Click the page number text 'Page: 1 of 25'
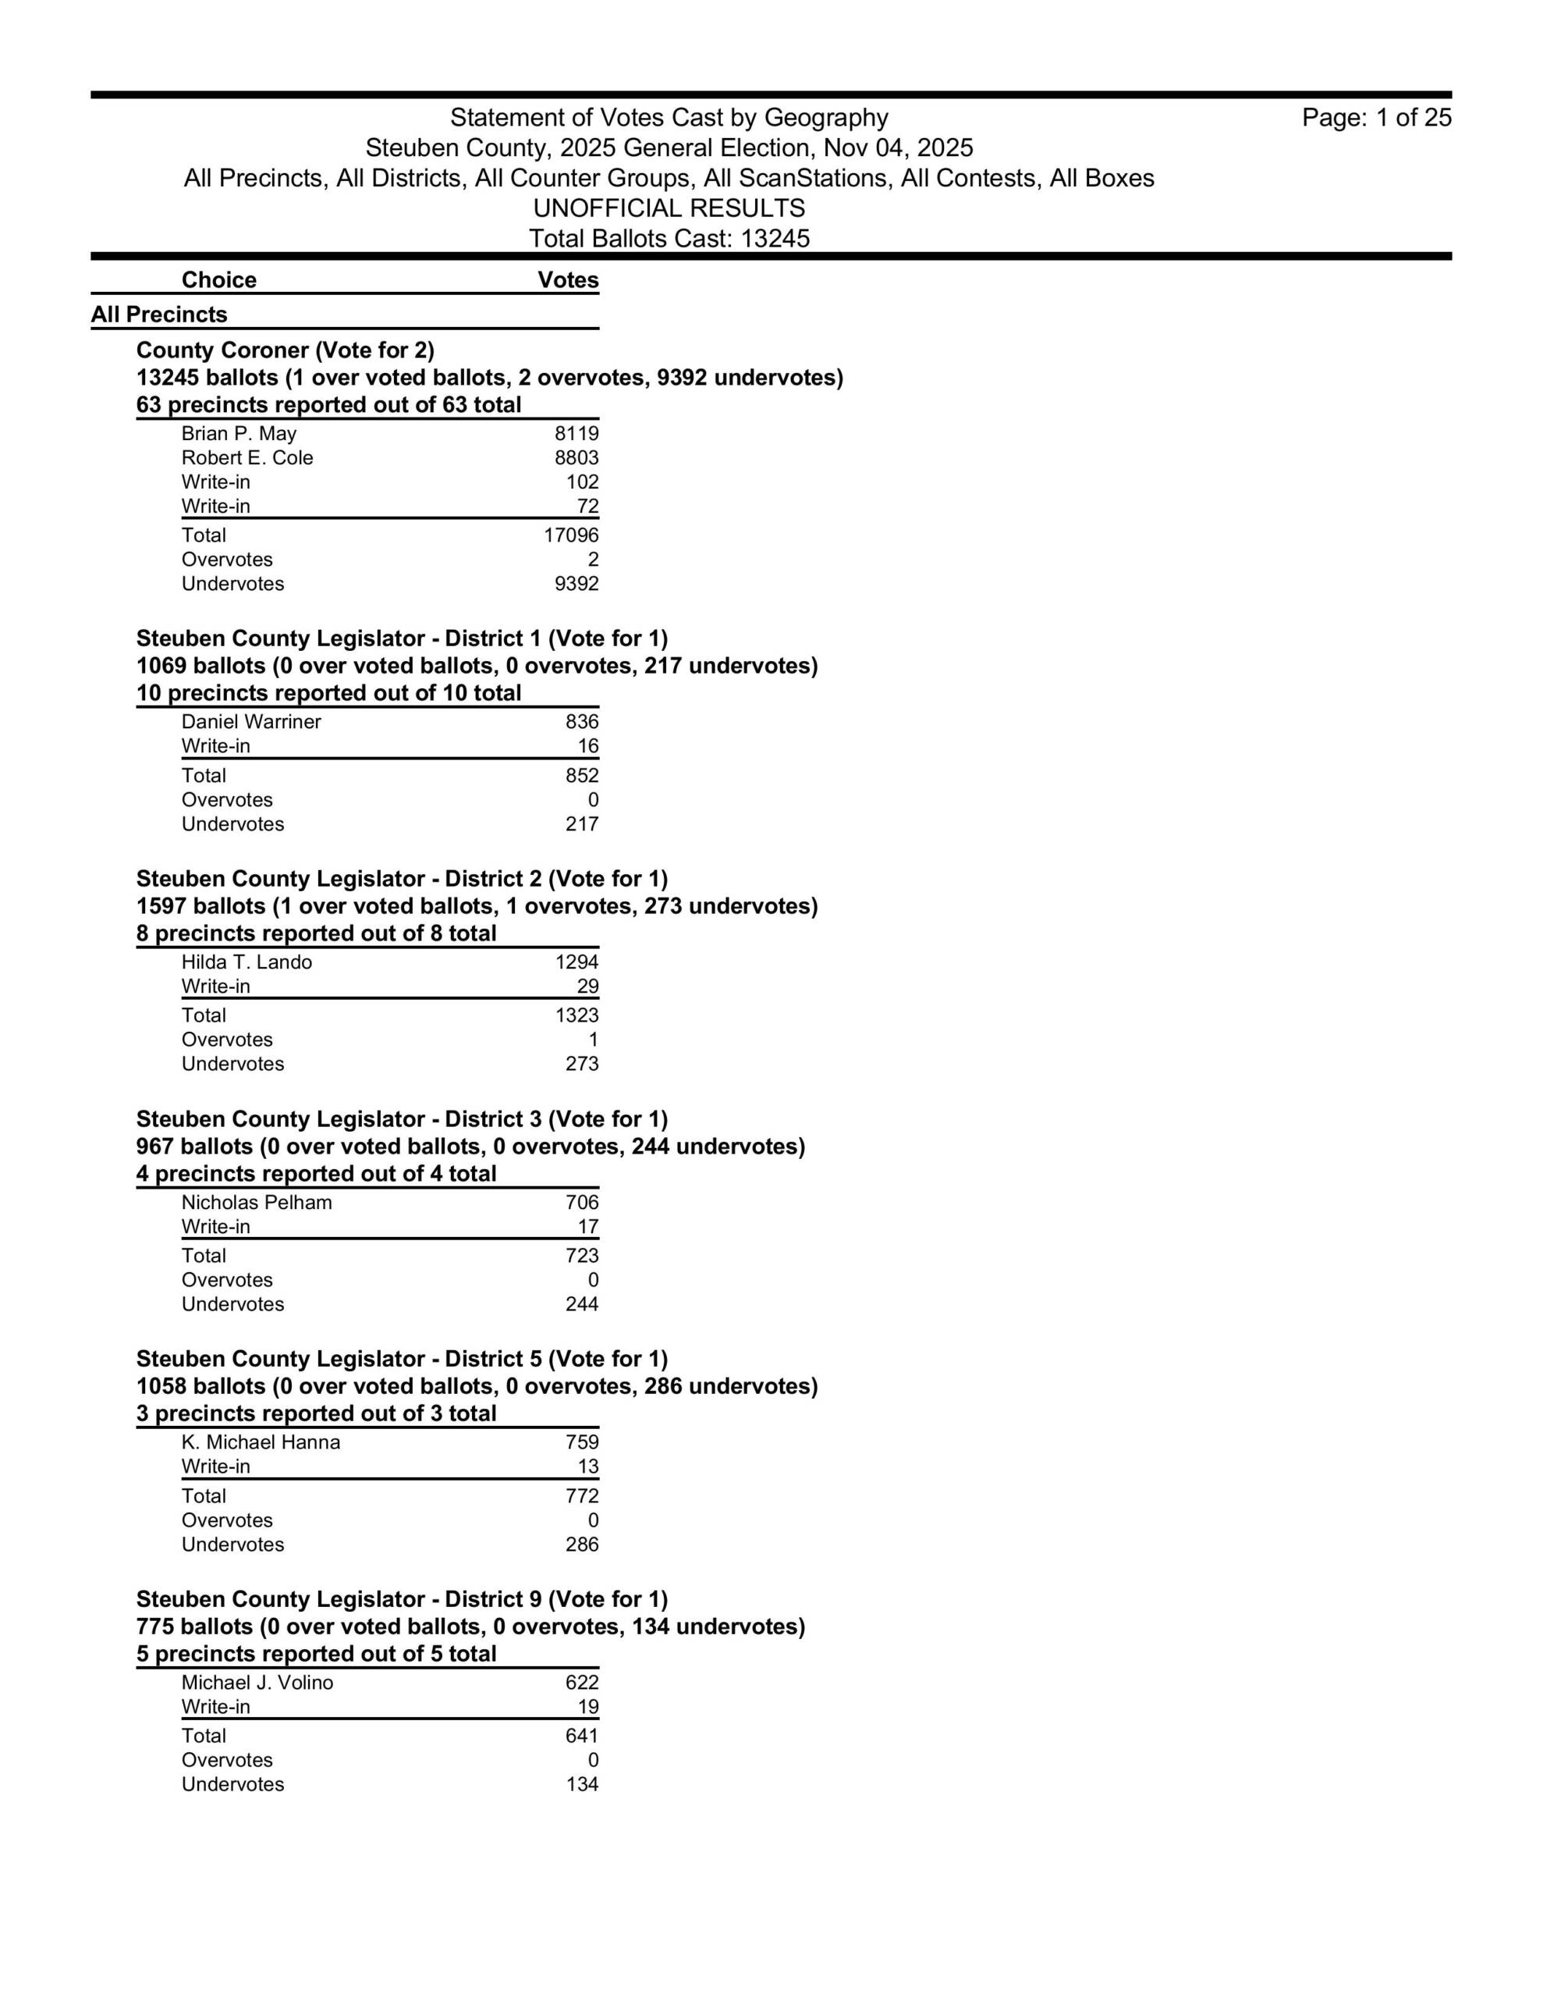pyautogui.click(x=1375, y=118)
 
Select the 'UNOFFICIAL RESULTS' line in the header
pyautogui.click(x=669, y=208)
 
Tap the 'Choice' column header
pyautogui.click(x=218, y=280)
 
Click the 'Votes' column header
pyautogui.click(x=568, y=280)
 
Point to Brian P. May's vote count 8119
pyautogui.click(x=576, y=434)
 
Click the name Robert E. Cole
pyautogui.click(x=247, y=457)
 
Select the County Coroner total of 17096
pyautogui.click(x=571, y=535)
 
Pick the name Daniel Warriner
pyautogui.click(x=250, y=722)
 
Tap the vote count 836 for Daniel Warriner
pyautogui.click(x=582, y=722)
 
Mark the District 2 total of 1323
pyautogui.click(x=576, y=1015)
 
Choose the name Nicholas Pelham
pyautogui.click(x=256, y=1202)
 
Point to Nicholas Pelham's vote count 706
pyautogui.click(x=582, y=1202)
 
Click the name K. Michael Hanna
pyautogui.click(x=261, y=1442)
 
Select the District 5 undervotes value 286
pyautogui.click(x=582, y=1545)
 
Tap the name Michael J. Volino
pyautogui.click(x=257, y=1683)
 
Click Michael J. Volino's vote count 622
pyautogui.click(x=582, y=1683)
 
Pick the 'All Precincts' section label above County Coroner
pyautogui.click(x=159, y=315)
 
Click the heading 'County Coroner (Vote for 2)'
pyautogui.click(x=285, y=350)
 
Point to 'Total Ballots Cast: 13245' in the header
pyautogui.click(x=669, y=239)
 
